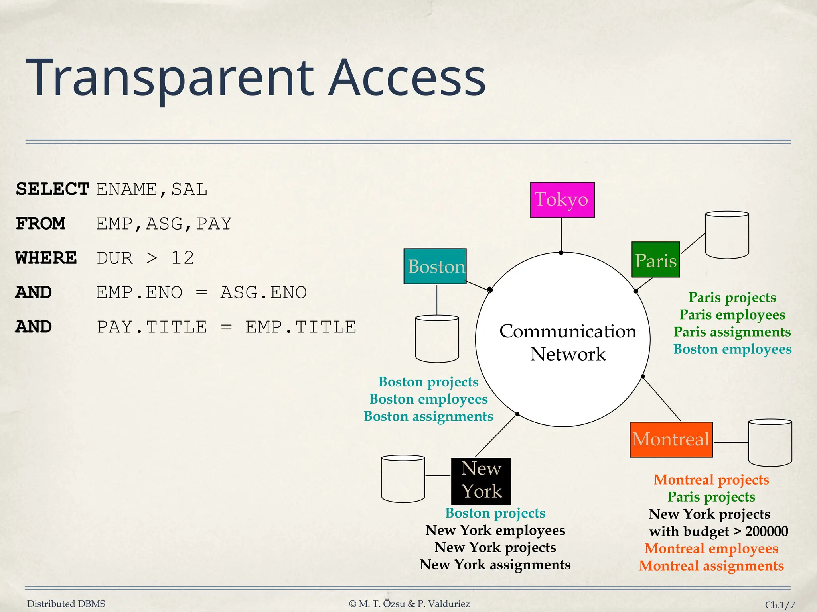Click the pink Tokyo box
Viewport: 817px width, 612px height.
pyautogui.click(x=562, y=200)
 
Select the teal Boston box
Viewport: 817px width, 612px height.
pyautogui.click(x=435, y=266)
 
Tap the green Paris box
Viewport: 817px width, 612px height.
pyautogui.click(x=655, y=260)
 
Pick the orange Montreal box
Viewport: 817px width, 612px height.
pyautogui.click(x=671, y=439)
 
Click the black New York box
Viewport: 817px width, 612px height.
pyautogui.click(x=481, y=481)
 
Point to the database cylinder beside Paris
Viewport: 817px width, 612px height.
pyautogui.click(x=727, y=235)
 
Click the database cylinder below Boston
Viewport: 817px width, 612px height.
pyautogui.click(x=437, y=339)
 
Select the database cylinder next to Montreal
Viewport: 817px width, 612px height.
pyautogui.click(x=770, y=443)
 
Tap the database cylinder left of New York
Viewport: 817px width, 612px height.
pyautogui.click(x=403, y=479)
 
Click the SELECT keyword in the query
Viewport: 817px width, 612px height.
pyautogui.click(x=52, y=189)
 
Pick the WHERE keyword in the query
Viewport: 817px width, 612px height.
pyautogui.click(x=46, y=258)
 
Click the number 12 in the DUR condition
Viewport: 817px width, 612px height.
pyautogui.click(x=182, y=258)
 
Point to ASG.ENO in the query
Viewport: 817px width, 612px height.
pyautogui.click(x=263, y=292)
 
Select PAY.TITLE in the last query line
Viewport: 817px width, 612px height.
pyautogui.click(x=152, y=327)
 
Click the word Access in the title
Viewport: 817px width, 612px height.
pyautogui.click(x=407, y=78)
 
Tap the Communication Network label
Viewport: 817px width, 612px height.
pyautogui.click(x=568, y=342)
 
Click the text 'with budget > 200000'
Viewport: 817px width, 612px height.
pyautogui.click(x=718, y=531)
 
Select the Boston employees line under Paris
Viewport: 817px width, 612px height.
pyautogui.click(x=732, y=349)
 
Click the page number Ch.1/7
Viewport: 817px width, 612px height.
pyautogui.click(x=780, y=605)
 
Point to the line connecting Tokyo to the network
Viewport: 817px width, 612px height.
pyautogui.click(x=562, y=235)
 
